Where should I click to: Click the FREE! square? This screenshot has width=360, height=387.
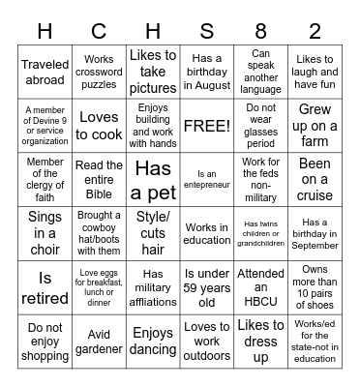(206, 126)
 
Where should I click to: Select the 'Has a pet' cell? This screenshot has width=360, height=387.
(152, 179)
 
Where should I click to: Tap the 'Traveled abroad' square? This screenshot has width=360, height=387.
(45, 73)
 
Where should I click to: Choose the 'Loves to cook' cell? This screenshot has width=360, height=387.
(99, 126)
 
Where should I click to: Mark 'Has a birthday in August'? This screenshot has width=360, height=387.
(206, 73)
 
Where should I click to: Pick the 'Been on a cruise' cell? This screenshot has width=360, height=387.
(315, 179)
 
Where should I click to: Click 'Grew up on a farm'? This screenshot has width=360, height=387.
(315, 126)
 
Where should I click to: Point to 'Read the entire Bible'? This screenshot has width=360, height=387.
(99, 179)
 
